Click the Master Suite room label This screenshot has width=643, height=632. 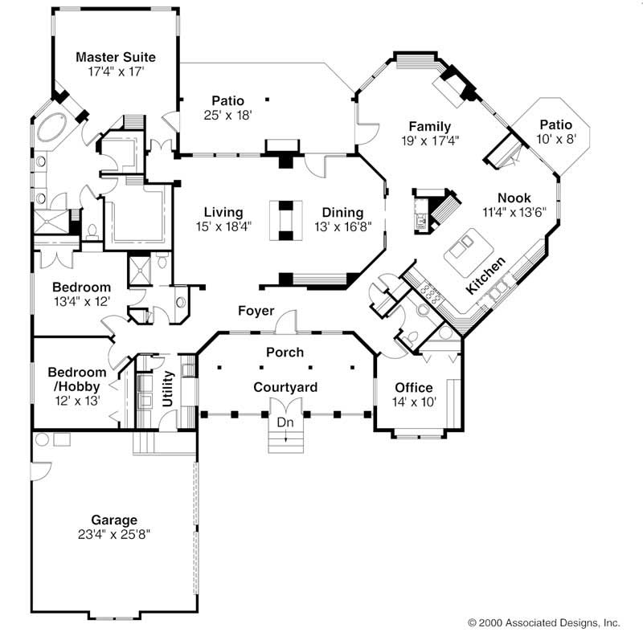click(115, 57)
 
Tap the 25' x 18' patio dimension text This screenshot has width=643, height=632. click(227, 116)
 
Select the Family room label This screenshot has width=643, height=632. click(428, 127)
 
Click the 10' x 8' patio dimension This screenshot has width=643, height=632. click(555, 139)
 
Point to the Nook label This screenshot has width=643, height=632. click(514, 198)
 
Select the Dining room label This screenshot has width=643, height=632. click(342, 213)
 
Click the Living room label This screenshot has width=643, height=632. click(223, 213)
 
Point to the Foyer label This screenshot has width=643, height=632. click(256, 311)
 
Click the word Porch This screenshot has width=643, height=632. click(285, 352)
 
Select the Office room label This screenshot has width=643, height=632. click(413, 388)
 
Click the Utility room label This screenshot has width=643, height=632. click(168, 389)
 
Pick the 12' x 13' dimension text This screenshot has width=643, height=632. click(76, 399)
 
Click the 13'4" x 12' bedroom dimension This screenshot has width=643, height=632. click(80, 301)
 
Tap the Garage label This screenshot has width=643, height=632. click(114, 520)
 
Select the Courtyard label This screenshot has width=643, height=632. click(285, 388)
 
